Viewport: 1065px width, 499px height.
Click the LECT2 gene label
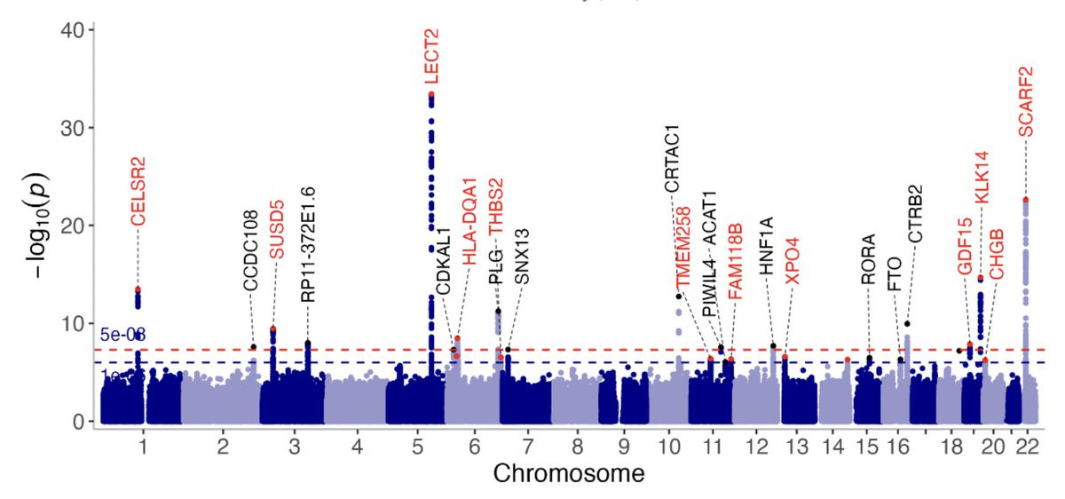coord(431,56)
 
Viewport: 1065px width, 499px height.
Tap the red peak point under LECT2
coord(431,94)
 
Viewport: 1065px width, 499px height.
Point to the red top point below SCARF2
coord(1026,201)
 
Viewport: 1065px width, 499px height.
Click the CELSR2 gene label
coord(138,192)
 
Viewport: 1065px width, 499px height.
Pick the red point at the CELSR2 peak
coord(138,289)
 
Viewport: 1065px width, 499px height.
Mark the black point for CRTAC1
coord(679,297)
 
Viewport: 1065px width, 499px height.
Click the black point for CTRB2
coord(907,324)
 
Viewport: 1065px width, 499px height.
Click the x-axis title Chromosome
coord(569,473)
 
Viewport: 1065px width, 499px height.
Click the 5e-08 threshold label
coord(123,335)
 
